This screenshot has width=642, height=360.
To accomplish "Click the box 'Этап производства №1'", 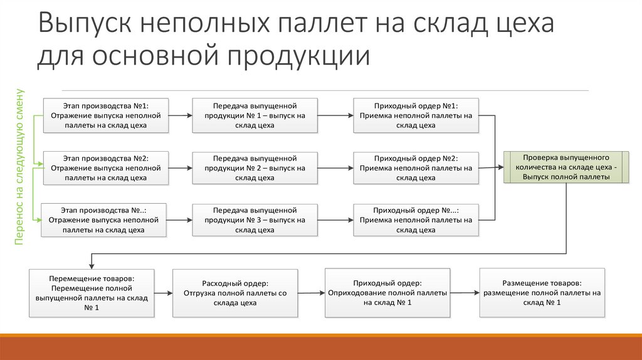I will point(105,115).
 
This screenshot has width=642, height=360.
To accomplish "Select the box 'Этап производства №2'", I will point(105,168).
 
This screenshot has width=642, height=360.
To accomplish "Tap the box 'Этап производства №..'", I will point(104,220).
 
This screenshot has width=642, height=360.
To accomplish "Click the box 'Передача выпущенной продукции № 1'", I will point(255,115).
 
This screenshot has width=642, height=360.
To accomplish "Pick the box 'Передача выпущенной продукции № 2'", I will point(255,168).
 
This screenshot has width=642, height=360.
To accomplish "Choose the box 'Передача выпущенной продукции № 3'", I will point(255,220).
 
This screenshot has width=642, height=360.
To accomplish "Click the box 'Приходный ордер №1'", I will point(416,115).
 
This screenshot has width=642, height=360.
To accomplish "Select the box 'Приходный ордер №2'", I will point(416,168).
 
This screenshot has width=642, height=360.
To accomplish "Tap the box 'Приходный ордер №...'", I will point(416,220).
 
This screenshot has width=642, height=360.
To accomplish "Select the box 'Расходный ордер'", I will point(235,293).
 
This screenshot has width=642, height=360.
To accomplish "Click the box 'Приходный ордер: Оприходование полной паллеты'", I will point(387,293).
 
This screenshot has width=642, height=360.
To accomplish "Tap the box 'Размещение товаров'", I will point(542,293).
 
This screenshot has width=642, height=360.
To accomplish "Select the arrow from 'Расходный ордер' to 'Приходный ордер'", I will point(311,293).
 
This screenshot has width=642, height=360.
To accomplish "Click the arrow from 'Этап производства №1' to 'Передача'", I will point(181,115).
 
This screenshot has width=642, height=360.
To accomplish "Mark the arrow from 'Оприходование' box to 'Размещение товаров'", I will point(464,293).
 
